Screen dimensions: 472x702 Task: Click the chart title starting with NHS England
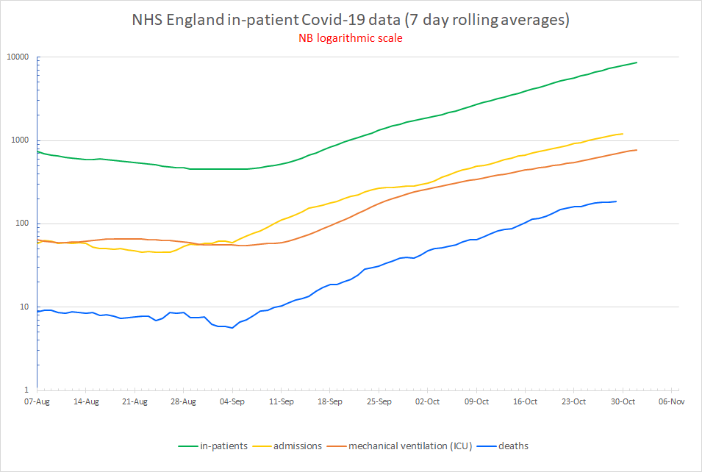pyautogui.click(x=351, y=20)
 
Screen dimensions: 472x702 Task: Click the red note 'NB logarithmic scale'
pyautogui.click(x=351, y=39)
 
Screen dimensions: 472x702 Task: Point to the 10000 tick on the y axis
pyautogui.click(x=18, y=57)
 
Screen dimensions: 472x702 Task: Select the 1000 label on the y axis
pyautogui.click(x=21, y=140)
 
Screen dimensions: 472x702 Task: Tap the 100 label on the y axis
pyautogui.click(x=23, y=224)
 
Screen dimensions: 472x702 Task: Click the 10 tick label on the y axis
pyautogui.click(x=25, y=307)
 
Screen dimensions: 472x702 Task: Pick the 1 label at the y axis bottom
pyautogui.click(x=28, y=390)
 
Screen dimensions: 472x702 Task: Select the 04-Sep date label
pyautogui.click(x=232, y=401)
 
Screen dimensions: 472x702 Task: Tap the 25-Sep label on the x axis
pyautogui.click(x=379, y=401)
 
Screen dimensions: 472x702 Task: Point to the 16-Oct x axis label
pyautogui.click(x=525, y=401)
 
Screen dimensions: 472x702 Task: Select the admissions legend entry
pyautogui.click(x=298, y=446)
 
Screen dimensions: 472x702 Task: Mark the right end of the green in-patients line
pyautogui.click(x=637, y=62)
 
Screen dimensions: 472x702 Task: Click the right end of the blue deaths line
pyautogui.click(x=616, y=201)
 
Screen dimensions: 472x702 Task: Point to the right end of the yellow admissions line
pyautogui.click(x=623, y=134)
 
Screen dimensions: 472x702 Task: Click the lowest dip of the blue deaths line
pyautogui.click(x=232, y=328)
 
